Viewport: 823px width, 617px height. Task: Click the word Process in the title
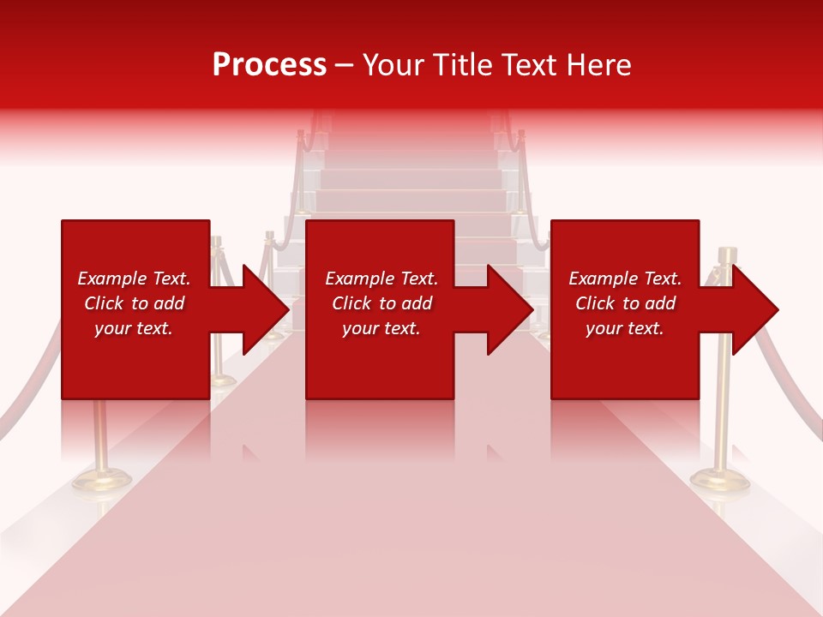pyautogui.click(x=269, y=65)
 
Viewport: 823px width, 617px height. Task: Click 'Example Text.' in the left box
pyautogui.click(x=134, y=279)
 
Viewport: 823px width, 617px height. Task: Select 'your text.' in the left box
pyautogui.click(x=134, y=328)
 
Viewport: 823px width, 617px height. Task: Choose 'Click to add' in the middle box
pyautogui.click(x=381, y=303)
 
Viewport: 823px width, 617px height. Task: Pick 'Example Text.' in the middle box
pyautogui.click(x=381, y=279)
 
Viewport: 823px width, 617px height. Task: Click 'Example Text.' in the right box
pyautogui.click(x=625, y=279)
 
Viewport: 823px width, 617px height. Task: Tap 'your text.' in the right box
pyautogui.click(x=625, y=328)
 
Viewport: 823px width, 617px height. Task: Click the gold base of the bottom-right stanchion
pyautogui.click(x=720, y=480)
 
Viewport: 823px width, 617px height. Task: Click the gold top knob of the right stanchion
pyautogui.click(x=727, y=255)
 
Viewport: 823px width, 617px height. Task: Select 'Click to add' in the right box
pyautogui.click(x=625, y=303)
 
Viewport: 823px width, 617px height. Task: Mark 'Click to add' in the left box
pyautogui.click(x=134, y=303)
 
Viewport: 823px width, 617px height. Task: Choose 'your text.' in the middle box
pyautogui.click(x=381, y=328)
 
